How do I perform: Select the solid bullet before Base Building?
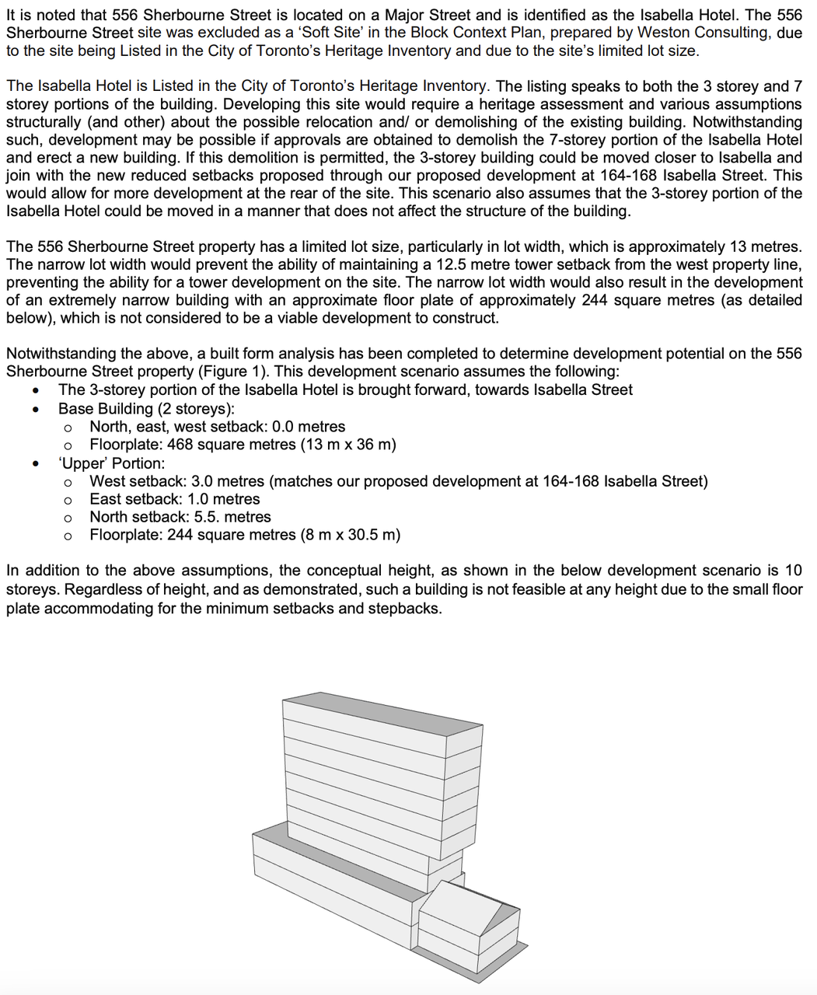click(36, 409)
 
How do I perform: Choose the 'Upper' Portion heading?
click(111, 463)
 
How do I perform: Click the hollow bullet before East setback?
click(68, 500)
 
